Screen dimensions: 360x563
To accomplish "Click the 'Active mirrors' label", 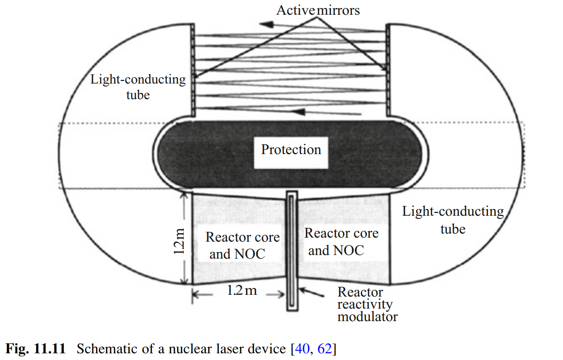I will (318, 10).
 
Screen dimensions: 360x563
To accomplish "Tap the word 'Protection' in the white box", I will (291, 149).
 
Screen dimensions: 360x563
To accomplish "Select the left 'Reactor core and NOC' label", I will (242, 246).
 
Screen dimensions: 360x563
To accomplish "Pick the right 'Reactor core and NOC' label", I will (341, 241).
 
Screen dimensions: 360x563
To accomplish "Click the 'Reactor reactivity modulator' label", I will (367, 305).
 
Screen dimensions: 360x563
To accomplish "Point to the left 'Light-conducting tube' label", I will (138, 87).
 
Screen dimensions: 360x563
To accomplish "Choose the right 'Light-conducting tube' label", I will (453, 220).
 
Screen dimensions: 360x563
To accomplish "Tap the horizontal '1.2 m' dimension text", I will (242, 291).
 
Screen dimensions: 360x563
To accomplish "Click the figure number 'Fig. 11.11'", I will (35, 348).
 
